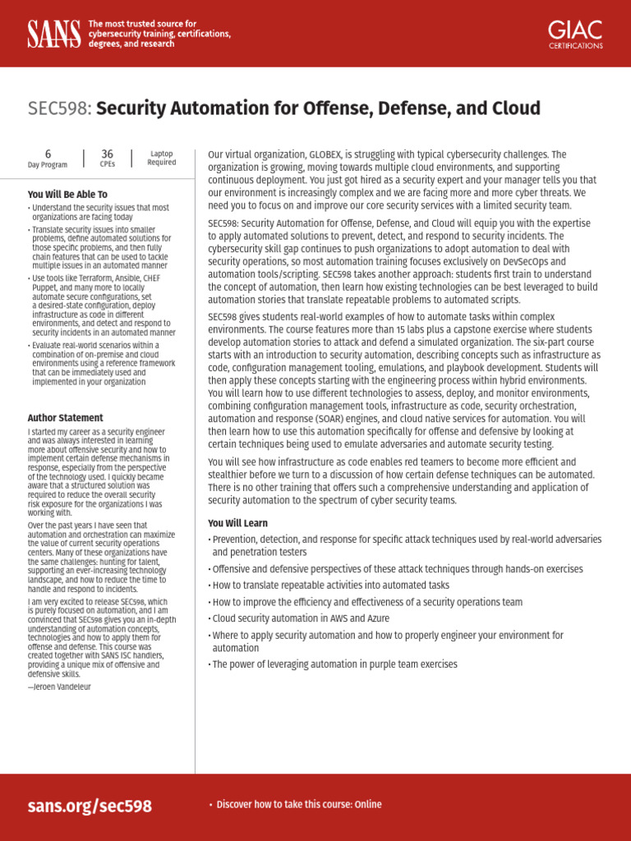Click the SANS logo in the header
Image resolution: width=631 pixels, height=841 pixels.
(54, 34)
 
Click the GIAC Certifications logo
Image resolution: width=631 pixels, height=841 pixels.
(575, 34)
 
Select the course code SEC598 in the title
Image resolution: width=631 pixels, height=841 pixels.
(60, 108)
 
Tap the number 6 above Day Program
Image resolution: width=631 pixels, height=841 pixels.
(48, 154)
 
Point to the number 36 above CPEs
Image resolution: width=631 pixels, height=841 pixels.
(108, 154)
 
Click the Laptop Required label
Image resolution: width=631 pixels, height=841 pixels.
(162, 158)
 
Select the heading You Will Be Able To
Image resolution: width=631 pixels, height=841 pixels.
(67, 195)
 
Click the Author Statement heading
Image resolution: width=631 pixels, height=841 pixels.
(66, 418)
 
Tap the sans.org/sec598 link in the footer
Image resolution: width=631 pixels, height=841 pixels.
(90, 806)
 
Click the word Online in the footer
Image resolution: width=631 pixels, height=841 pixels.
(369, 805)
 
